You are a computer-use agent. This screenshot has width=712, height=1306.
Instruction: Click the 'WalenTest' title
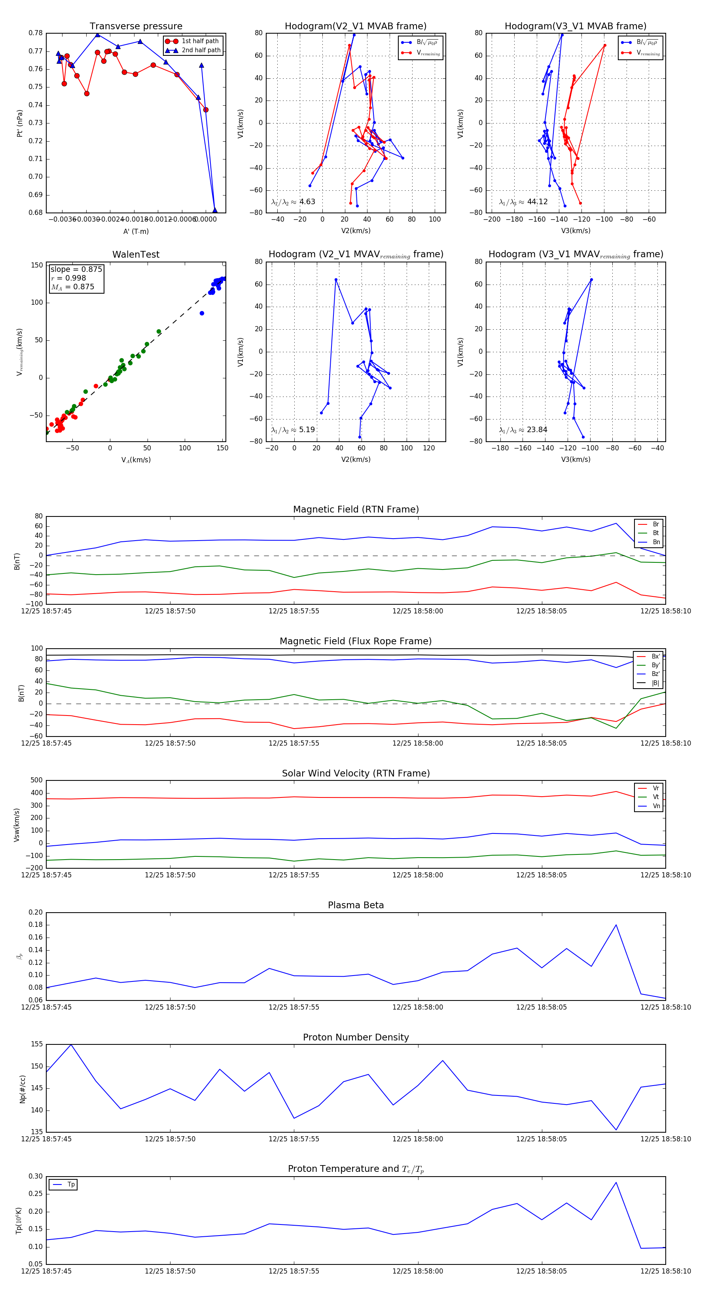(136, 254)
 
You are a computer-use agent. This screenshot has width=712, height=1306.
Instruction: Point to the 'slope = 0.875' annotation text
(76, 269)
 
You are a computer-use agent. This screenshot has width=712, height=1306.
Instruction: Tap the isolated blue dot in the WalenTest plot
(202, 313)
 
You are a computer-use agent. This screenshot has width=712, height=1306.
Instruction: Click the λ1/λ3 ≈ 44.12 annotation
(523, 202)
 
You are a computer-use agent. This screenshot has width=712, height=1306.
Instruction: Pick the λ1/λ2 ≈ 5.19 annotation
(293, 430)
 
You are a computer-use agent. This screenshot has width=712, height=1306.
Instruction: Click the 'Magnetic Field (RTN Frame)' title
(356, 509)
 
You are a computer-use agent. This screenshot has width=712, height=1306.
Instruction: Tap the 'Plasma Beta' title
(356, 905)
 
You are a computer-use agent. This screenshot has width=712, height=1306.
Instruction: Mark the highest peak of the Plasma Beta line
(616, 925)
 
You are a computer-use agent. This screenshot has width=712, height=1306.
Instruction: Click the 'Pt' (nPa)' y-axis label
(20, 123)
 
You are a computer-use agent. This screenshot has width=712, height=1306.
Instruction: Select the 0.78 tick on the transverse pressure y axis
(36, 33)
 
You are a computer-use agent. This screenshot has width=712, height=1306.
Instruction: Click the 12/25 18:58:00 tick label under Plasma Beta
(418, 1007)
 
